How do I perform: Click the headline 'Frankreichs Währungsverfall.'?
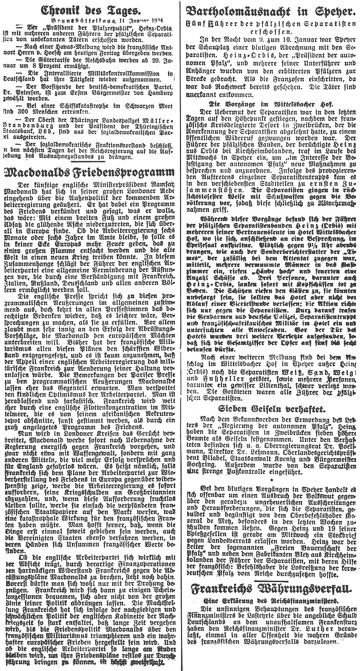271,603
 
